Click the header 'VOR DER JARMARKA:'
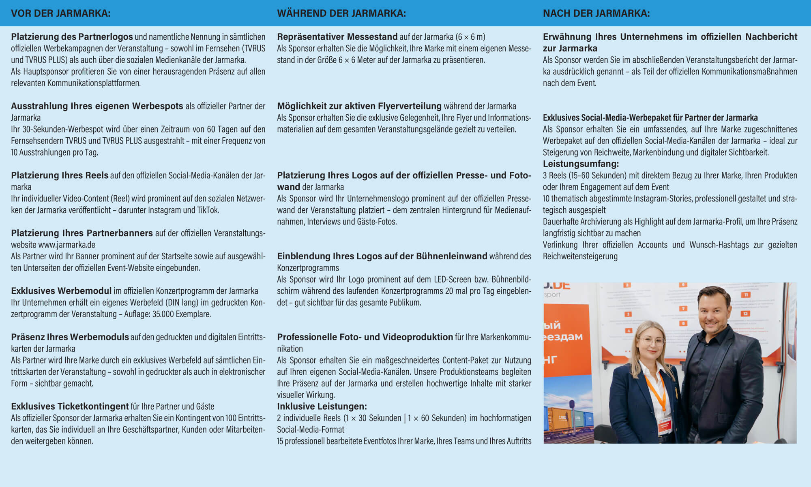pos(60,13)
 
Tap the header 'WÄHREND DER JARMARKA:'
pos(341,13)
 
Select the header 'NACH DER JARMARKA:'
pos(596,13)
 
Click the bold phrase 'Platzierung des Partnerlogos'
pos(72,37)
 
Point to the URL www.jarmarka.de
pos(67,245)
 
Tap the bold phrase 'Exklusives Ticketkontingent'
pos(70,406)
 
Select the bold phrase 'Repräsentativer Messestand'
pos(337,37)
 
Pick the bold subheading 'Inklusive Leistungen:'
pos(322,406)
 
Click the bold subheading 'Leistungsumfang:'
pos(581,164)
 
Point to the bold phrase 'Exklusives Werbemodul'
pos(61,291)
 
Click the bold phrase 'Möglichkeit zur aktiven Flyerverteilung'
pos(359,106)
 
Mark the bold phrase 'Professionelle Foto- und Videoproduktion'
pos(365,337)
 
